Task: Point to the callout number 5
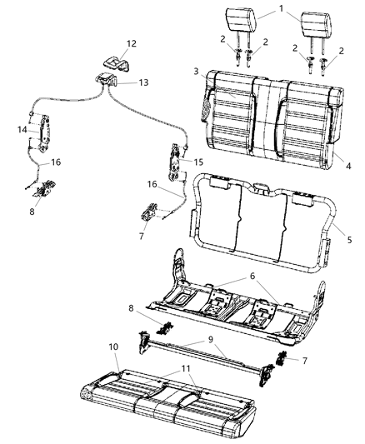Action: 349,238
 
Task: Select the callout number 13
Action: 143,82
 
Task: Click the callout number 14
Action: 22,129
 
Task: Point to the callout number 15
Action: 197,161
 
